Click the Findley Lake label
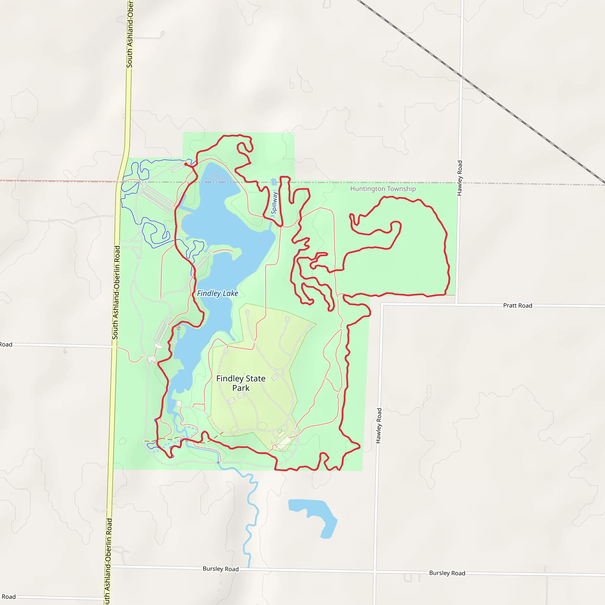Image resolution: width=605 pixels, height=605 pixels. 217,293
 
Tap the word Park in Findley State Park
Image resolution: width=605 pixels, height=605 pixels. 241,388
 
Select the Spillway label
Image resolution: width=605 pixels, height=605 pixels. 274,203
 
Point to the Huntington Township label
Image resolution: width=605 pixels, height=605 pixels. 383,189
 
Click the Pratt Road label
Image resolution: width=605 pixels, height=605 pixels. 517,306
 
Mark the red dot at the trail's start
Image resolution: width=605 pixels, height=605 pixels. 186,164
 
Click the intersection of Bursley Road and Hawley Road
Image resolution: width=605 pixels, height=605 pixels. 375,573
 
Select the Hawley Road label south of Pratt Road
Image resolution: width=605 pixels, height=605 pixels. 379,426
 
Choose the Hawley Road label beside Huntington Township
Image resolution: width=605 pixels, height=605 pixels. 460,178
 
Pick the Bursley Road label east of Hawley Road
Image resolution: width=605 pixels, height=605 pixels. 447,573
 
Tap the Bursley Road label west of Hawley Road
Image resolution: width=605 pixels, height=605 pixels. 220,569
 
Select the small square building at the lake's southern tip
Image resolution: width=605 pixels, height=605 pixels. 179,403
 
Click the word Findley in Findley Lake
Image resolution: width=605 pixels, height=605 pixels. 209,293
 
